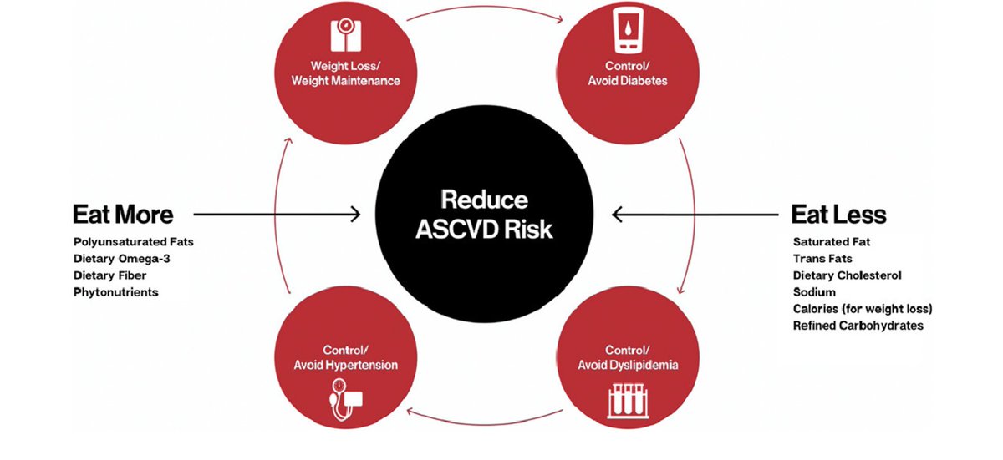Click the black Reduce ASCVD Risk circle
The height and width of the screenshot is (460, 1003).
click(x=485, y=215)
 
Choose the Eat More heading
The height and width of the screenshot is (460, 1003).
click(x=123, y=215)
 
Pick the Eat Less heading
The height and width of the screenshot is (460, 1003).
click(x=838, y=215)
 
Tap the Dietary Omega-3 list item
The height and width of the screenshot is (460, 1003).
click(x=122, y=259)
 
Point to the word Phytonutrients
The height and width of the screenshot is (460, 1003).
click(x=115, y=292)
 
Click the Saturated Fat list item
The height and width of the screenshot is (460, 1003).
click(x=832, y=242)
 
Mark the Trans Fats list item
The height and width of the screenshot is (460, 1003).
click(x=824, y=259)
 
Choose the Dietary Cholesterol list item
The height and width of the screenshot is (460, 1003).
click(x=848, y=275)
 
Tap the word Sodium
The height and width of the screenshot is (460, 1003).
click(x=814, y=292)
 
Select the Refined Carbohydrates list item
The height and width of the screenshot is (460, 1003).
click(x=858, y=326)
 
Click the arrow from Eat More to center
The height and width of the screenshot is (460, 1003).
click(x=277, y=215)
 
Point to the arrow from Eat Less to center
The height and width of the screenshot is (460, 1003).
click(x=695, y=215)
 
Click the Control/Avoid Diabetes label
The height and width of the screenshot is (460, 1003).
click(x=627, y=75)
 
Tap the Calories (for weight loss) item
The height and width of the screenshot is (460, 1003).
click(x=863, y=309)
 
